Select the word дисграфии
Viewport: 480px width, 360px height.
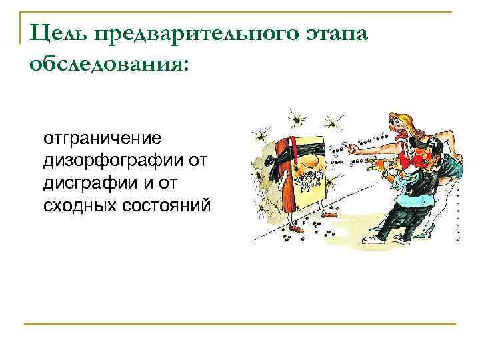click(x=84, y=181)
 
